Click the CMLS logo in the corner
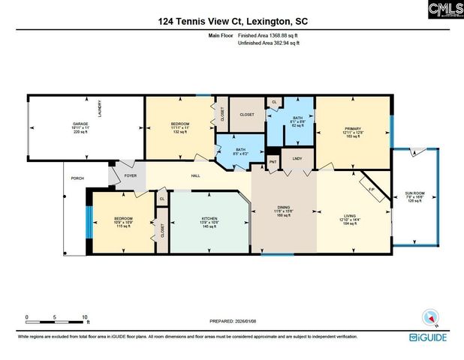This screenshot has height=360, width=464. coord(445,10)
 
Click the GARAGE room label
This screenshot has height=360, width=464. coord(80,123)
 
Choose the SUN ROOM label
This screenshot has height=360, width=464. coord(414,193)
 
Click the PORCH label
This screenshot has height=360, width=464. coord(77,178)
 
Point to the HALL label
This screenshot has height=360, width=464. coord(194,176)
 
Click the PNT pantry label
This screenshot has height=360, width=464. coord(273,161)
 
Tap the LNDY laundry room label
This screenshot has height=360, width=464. coord(297,158)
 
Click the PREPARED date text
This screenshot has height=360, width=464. coord(232,320)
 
